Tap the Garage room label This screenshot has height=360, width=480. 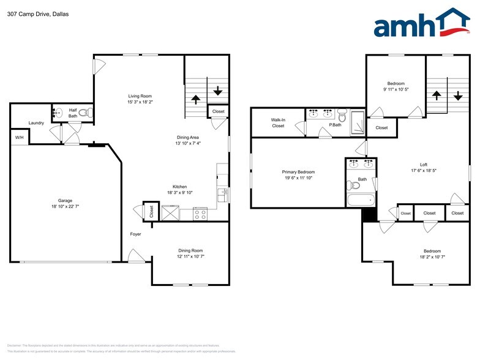65,201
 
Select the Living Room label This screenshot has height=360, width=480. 140,96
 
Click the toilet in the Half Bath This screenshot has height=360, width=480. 88,112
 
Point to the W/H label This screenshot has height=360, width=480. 19,138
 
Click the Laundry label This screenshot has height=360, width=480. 36,123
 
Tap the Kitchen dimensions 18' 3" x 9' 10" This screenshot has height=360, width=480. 179,193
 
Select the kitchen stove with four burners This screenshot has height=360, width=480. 200,214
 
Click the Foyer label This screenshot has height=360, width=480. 135,234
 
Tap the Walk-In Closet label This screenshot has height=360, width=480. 278,122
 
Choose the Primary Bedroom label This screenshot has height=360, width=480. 298,172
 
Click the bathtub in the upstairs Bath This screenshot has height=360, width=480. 360,201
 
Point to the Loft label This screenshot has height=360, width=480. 423,164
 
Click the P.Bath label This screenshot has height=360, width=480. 335,125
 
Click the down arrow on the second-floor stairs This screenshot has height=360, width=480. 458,96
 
